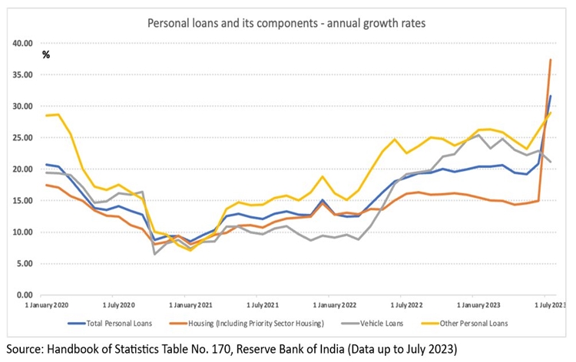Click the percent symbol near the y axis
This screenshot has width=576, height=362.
(46, 54)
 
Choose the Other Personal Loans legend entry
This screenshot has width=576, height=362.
(475, 323)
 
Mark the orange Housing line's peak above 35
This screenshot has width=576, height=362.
(551, 59)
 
